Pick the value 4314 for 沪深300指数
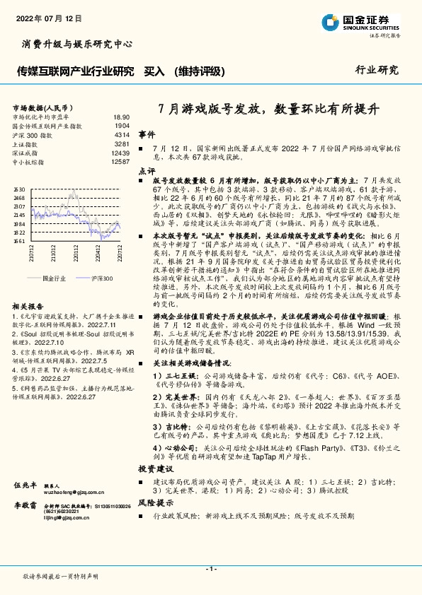(x=122, y=134)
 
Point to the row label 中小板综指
(x=28, y=162)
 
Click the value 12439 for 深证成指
(x=120, y=153)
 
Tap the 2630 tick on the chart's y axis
(x=19, y=189)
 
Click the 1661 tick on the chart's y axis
(x=19, y=241)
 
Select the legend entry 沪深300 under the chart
(x=98, y=278)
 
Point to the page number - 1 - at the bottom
(x=210, y=569)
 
